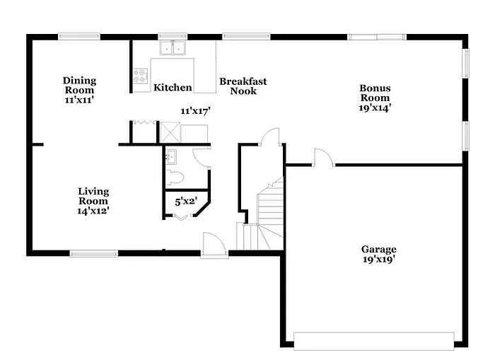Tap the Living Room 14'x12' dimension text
tap(93, 211)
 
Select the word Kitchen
tap(173, 88)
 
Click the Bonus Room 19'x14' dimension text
tap(375, 108)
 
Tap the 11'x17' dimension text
tap(196, 111)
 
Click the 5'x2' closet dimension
tap(186, 202)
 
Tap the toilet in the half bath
tap(174, 177)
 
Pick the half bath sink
tap(170, 157)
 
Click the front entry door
tap(213, 245)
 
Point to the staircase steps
tap(269, 209)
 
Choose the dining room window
tap(78, 36)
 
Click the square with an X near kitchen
tap(170, 132)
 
